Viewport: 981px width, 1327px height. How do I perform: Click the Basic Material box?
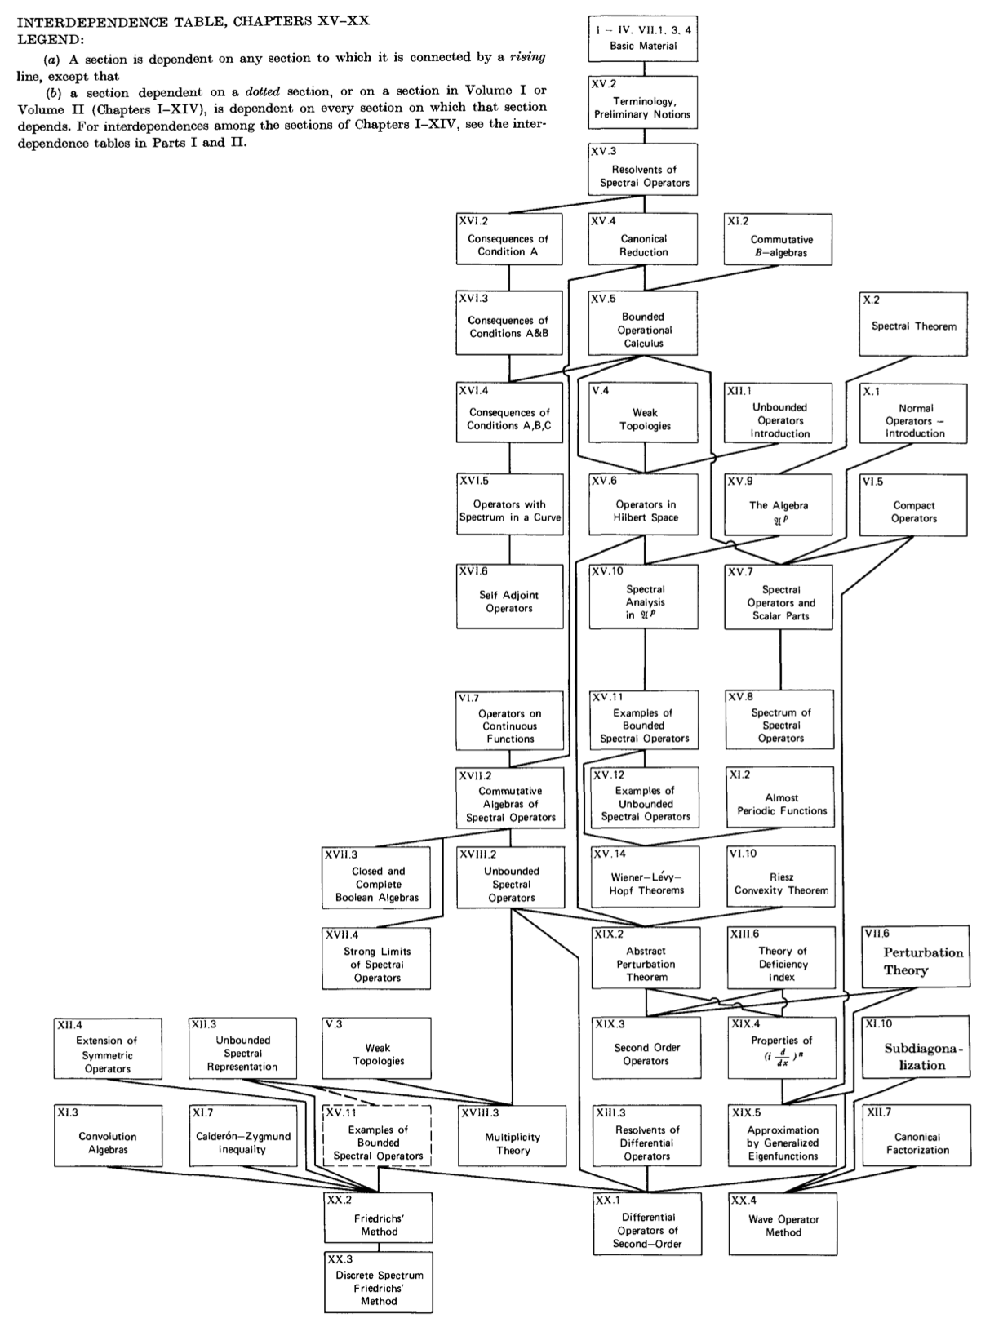coord(643,39)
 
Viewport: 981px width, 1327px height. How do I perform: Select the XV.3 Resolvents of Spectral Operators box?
coord(643,170)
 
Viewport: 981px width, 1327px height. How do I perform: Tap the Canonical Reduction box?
coord(643,239)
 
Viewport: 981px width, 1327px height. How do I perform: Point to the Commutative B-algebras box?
coord(779,240)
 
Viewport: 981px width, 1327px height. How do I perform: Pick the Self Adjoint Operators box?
coord(509,597)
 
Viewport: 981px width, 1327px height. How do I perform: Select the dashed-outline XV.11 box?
coord(377,1136)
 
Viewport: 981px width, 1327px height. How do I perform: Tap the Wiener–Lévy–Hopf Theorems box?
coord(645,877)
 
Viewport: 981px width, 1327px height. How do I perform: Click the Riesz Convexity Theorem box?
coord(781,877)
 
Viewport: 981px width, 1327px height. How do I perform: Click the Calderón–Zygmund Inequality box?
coord(242,1137)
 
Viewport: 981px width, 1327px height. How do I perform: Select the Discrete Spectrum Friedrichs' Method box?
coord(378,1282)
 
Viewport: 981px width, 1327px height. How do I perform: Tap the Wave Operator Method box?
coord(783,1224)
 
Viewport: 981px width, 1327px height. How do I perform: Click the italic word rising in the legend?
coord(526,57)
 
